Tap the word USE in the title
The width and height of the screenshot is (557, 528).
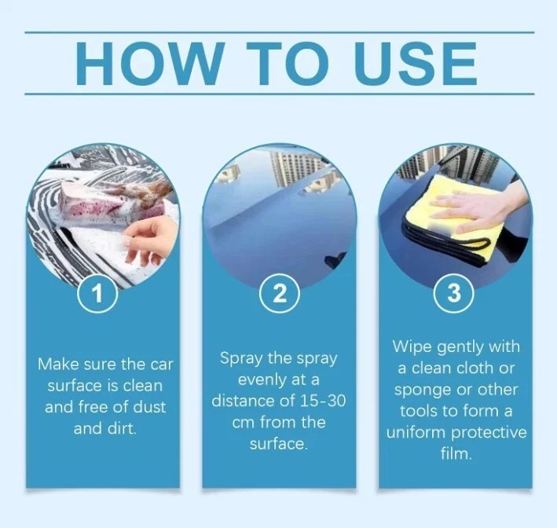tap(416, 63)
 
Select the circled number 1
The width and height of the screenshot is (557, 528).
tap(97, 293)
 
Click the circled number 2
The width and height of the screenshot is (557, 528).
tap(279, 294)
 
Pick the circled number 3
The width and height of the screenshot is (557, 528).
tap(454, 293)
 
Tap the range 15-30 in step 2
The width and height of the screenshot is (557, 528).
tap(323, 401)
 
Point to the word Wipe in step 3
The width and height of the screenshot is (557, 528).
tap(412, 347)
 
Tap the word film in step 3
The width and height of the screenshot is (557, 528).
tap(456, 453)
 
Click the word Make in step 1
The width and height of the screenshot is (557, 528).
tap(57, 365)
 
